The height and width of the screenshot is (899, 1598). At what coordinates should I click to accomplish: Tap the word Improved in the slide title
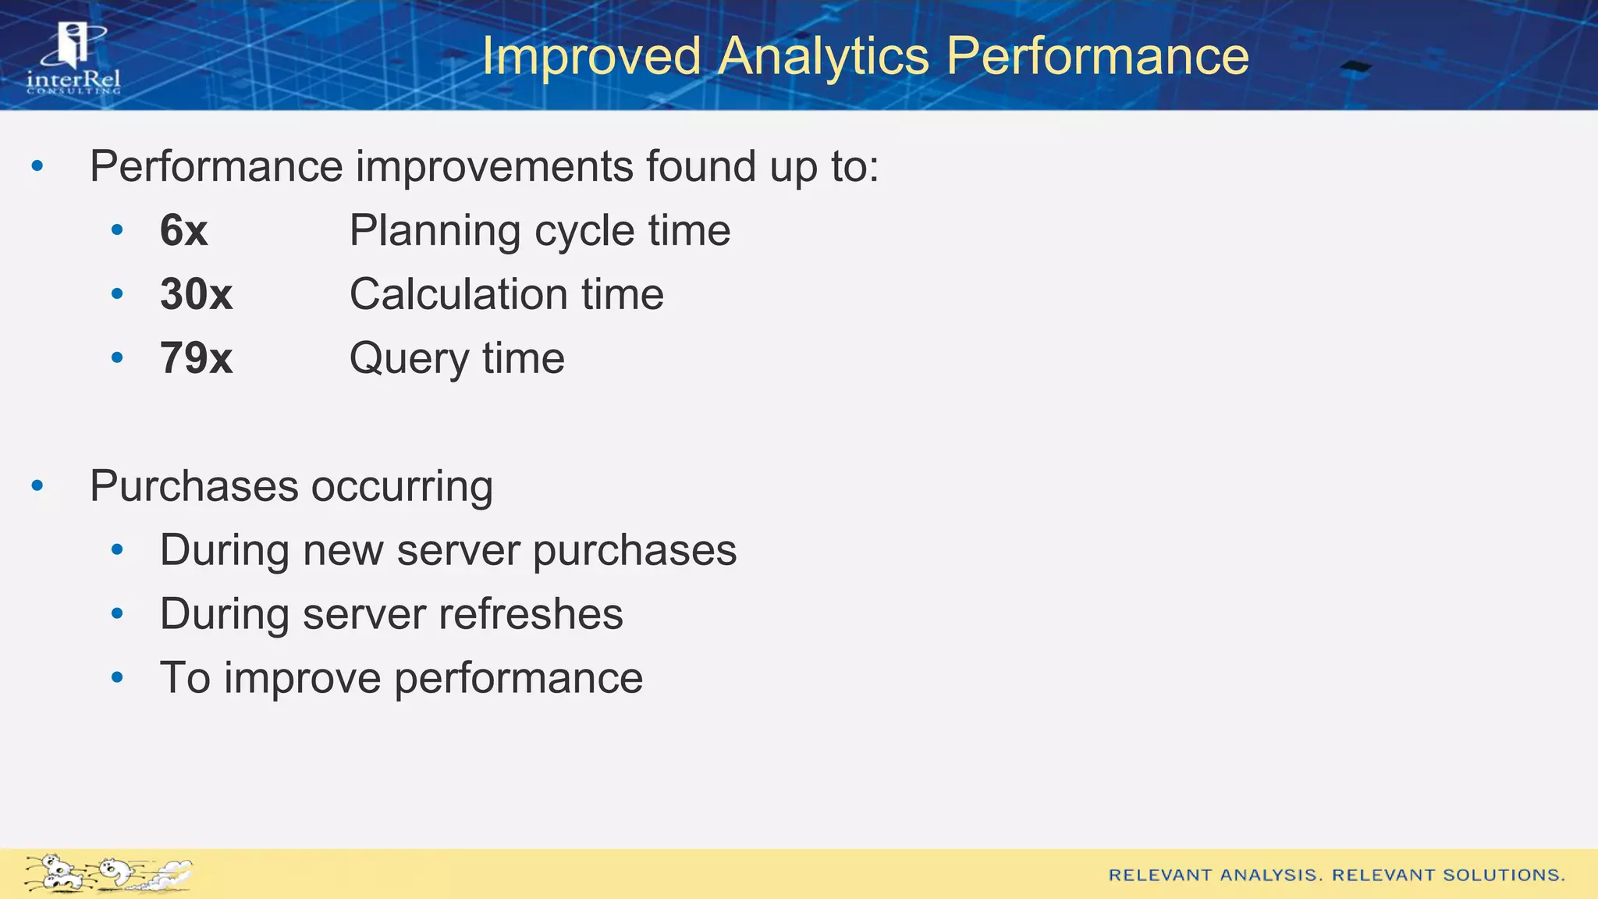coord(591,57)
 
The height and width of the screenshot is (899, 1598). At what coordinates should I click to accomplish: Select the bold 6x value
coord(183,231)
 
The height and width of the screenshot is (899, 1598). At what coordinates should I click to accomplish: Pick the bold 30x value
coord(196,295)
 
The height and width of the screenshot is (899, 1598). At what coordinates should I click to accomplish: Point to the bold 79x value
coord(196,359)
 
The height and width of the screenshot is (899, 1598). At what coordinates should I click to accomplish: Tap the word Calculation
coord(458,295)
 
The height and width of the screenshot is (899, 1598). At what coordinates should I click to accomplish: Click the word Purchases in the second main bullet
coord(194,486)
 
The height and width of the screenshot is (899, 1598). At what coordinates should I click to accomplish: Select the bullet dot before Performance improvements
coord(37,166)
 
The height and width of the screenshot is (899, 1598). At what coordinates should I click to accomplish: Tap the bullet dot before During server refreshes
coord(117,614)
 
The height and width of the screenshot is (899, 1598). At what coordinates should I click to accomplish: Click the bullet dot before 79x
coord(117,358)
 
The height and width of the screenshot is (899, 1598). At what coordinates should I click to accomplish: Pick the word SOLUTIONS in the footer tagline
coord(1504,876)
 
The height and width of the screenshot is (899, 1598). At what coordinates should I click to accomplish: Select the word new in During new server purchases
coord(343,551)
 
